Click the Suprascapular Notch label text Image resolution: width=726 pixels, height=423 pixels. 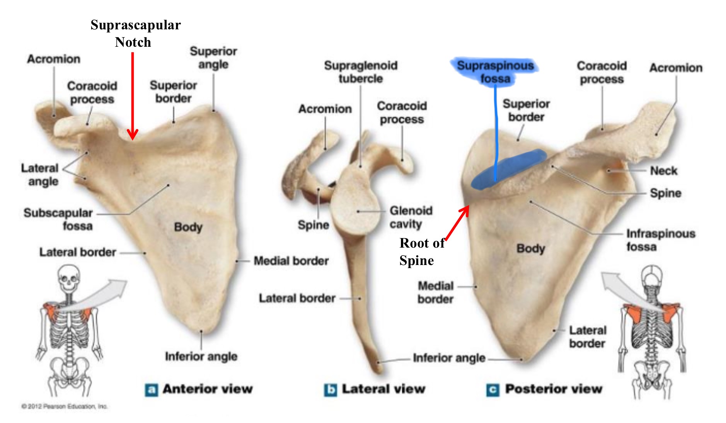click(135, 34)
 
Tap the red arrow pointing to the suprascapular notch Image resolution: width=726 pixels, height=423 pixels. click(133, 97)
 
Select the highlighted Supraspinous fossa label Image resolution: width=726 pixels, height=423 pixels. click(495, 72)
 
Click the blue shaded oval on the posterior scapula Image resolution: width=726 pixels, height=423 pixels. click(508, 169)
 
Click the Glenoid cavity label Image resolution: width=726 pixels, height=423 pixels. click(411, 217)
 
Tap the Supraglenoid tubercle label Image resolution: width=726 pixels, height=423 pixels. click(361, 72)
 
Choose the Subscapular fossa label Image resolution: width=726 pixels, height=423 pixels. click(58, 219)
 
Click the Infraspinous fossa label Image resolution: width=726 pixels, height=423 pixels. click(660, 240)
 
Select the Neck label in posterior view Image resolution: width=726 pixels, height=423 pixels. click(663, 171)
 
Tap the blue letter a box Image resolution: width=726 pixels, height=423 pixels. click(151, 390)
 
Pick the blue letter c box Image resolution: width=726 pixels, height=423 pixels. click(493, 390)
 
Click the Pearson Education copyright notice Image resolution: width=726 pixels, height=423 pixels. click(65, 406)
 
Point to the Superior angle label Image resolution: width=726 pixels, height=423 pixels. click(213, 58)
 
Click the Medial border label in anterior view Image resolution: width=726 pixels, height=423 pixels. click(291, 261)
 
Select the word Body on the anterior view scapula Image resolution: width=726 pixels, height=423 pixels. click(188, 227)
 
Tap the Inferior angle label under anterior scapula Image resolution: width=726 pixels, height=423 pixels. click(201, 356)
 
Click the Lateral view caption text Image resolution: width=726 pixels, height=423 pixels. click(383, 389)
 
